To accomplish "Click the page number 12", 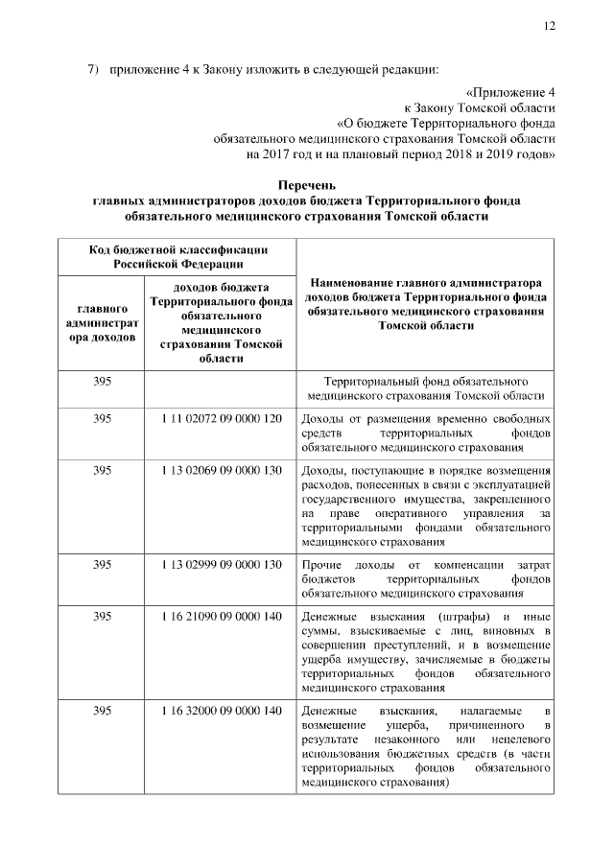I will coord(549,26).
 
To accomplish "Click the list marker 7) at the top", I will coord(93,69).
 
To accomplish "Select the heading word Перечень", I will coord(307,184).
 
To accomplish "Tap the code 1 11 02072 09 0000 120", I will coord(221,419).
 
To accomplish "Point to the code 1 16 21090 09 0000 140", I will coord(221,615).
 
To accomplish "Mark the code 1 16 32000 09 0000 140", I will coord(221,711).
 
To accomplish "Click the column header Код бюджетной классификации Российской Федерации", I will coord(177,256).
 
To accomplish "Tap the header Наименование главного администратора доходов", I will coord(427,304).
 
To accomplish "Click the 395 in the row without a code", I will coord(103,381).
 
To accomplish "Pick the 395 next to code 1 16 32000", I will coord(103,711).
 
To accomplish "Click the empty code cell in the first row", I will coord(221,388).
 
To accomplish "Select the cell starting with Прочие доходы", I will coord(426,579).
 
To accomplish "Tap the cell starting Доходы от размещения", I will coord(426,434).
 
